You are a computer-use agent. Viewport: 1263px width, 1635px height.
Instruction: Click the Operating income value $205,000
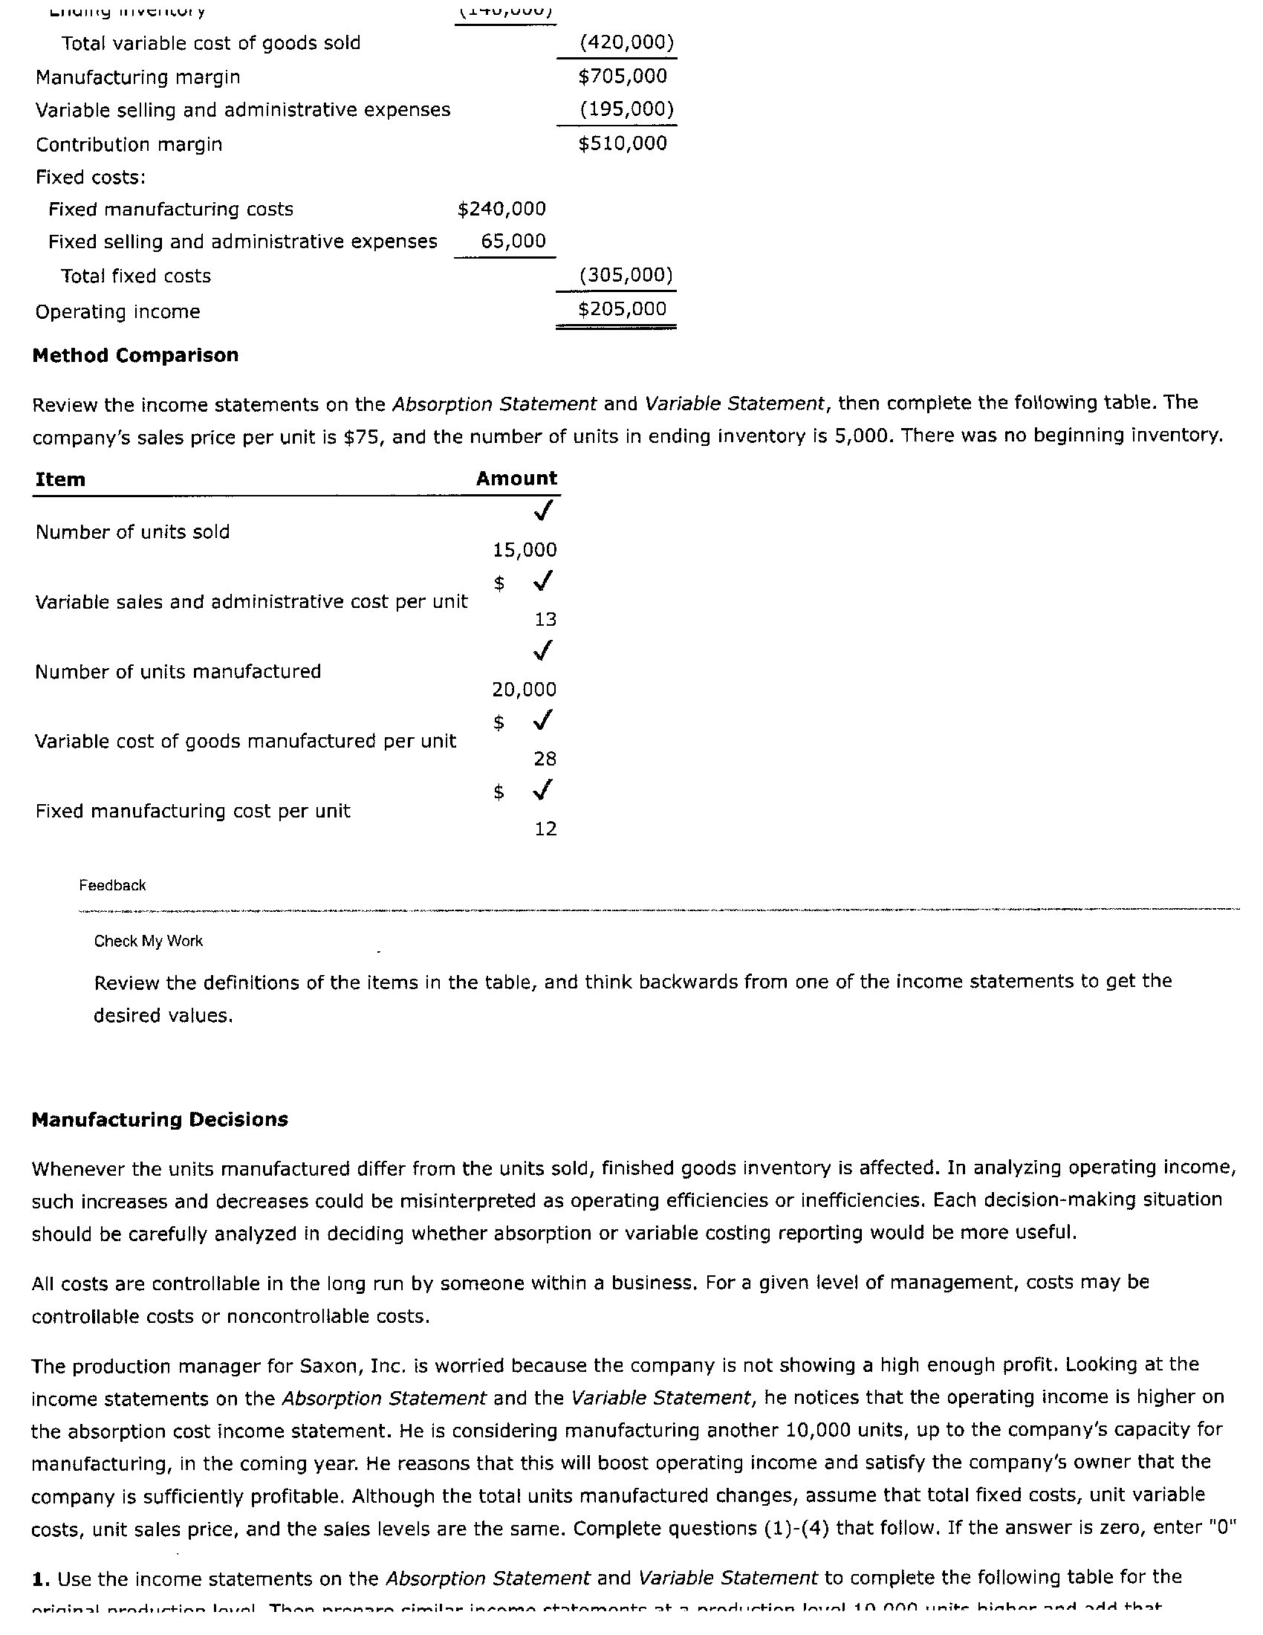(622, 308)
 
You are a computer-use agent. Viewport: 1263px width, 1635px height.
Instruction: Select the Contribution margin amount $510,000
(622, 143)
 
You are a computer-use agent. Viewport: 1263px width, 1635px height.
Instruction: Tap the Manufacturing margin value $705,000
(622, 76)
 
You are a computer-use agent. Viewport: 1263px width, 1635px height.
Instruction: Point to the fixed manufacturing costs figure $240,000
(501, 208)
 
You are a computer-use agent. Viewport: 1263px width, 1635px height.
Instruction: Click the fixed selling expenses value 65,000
(513, 241)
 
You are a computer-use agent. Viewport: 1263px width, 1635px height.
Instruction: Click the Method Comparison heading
(135, 354)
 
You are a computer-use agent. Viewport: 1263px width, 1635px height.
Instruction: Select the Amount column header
(516, 478)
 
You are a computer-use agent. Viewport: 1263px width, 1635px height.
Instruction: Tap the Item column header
(60, 479)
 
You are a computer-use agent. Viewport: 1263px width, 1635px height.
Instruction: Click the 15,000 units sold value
(525, 549)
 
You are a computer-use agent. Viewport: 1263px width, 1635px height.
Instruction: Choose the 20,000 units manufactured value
(525, 689)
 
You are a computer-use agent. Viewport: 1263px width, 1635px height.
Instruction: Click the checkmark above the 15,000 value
(544, 511)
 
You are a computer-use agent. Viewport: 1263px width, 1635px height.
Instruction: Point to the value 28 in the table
(545, 758)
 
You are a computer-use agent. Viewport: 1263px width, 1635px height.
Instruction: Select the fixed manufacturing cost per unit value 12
(545, 828)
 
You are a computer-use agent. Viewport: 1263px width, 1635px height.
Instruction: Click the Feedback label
(112, 885)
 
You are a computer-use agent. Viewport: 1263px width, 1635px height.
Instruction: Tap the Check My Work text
(148, 941)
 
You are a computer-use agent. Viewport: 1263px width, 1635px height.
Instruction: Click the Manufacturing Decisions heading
(160, 1119)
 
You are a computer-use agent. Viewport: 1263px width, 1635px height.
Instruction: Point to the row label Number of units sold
(132, 531)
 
